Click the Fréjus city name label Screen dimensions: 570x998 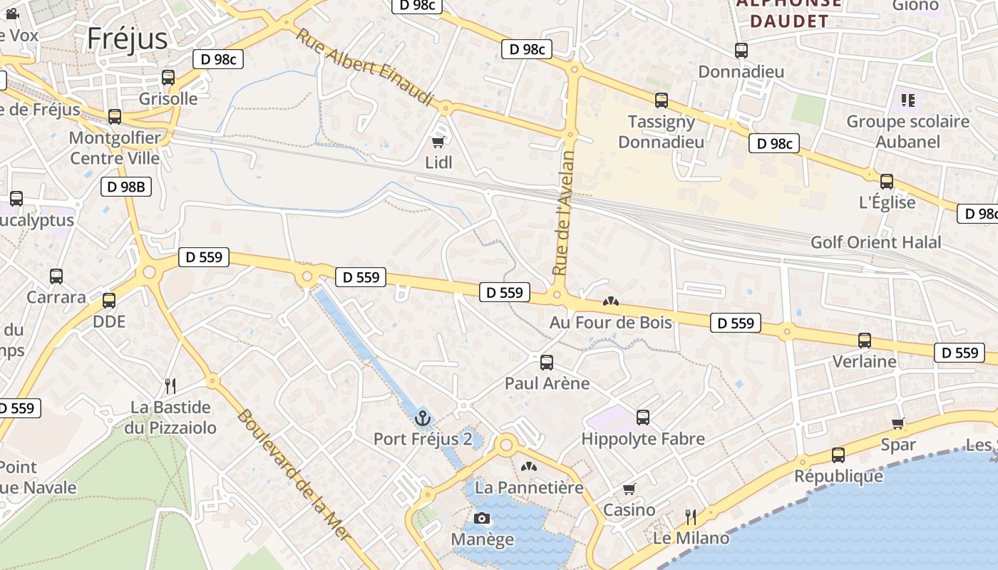[127, 38]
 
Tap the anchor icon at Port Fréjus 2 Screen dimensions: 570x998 [423, 418]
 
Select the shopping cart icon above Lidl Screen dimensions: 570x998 [438, 142]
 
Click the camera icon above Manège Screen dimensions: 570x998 [482, 518]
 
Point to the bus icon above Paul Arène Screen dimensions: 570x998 [547, 363]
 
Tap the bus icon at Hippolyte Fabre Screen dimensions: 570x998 [643, 418]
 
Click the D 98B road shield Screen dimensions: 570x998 [126, 187]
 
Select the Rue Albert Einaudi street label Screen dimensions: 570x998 [365, 68]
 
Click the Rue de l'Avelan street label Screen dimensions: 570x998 [564, 213]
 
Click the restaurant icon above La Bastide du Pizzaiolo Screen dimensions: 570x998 [170, 386]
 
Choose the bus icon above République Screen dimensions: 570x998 [838, 455]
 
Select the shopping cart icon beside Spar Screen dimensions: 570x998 [898, 424]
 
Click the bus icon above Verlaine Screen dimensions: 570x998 [865, 341]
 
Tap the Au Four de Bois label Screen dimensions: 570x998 [610, 322]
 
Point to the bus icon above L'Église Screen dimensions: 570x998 [887, 182]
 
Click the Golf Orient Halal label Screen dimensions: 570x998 [875, 242]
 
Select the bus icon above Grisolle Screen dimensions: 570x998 [168, 78]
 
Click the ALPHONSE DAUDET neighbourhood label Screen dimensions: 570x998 [788, 13]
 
